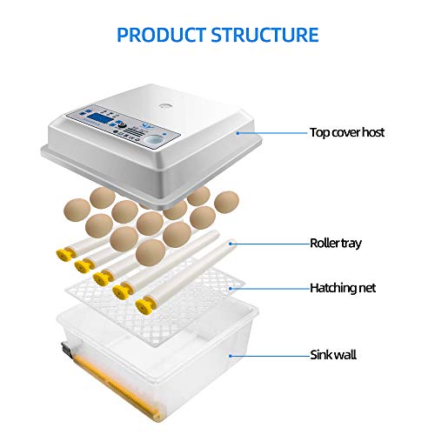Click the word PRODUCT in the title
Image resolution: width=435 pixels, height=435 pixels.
[x=162, y=35]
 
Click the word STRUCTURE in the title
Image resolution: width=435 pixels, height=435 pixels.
[x=264, y=35]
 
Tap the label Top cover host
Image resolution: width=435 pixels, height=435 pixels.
[x=347, y=132]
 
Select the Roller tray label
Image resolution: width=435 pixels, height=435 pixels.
[x=336, y=243]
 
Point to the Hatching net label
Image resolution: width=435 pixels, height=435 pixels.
[x=343, y=288]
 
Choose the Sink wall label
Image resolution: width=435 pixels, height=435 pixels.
[x=333, y=355]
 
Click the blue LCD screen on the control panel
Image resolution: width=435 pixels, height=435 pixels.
[x=99, y=118]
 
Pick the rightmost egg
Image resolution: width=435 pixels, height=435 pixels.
[x=226, y=202]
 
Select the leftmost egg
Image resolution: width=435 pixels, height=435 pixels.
[x=77, y=210]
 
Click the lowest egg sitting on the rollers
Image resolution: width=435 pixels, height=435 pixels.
[x=151, y=252]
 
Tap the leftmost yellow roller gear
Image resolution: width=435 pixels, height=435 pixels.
[x=64, y=255]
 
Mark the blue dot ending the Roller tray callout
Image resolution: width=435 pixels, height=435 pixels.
[x=231, y=244]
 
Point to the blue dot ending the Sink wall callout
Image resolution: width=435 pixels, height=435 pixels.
[x=230, y=356]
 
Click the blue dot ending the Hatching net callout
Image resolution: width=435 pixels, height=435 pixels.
[x=231, y=289]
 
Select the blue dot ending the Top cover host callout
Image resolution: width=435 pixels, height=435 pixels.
[x=238, y=133]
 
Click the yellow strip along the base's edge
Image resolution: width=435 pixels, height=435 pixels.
[x=116, y=385]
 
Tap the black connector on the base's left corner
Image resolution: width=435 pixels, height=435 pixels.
[x=66, y=350]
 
